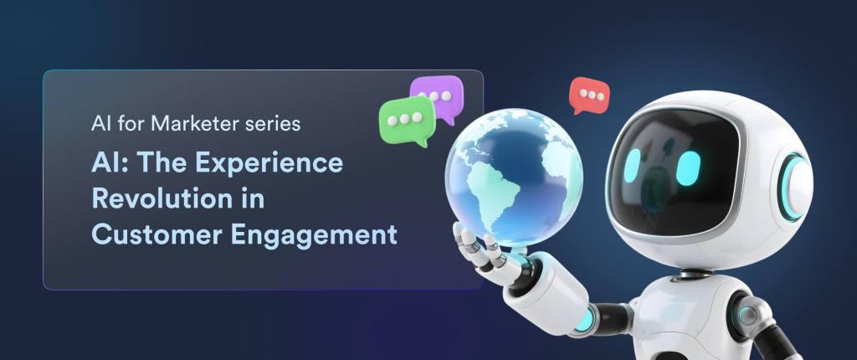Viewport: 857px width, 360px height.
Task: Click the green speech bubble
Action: click(405, 119)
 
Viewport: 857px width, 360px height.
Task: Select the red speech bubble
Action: click(588, 96)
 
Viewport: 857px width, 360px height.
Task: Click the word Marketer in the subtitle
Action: click(189, 125)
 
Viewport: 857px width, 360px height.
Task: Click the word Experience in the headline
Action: click(277, 163)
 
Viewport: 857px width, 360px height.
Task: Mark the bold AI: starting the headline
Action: click(110, 163)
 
